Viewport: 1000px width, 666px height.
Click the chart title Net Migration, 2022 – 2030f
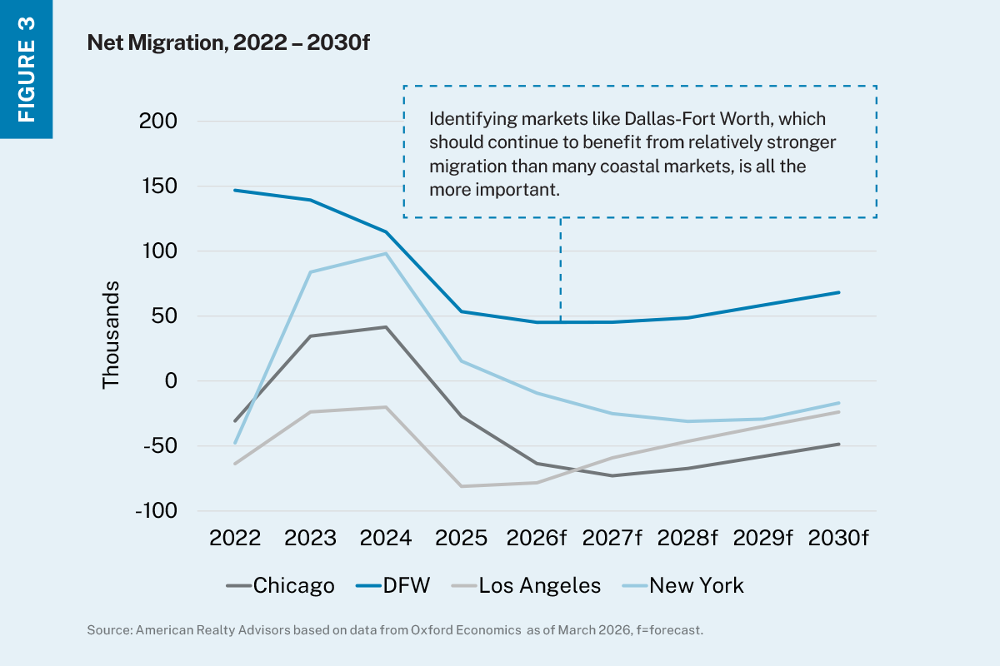tap(228, 44)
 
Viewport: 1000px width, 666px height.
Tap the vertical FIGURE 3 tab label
tap(27, 69)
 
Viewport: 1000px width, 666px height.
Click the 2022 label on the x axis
tap(235, 538)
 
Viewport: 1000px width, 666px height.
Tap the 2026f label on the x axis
tap(537, 538)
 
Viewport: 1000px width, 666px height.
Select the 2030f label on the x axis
tap(839, 538)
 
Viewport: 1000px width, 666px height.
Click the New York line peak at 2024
tap(386, 253)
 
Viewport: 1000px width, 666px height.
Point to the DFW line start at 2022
tap(235, 190)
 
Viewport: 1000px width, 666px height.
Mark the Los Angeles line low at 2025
tap(462, 486)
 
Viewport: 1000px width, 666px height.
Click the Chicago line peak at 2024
tap(386, 327)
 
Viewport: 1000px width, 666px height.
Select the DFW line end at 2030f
tap(838, 292)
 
